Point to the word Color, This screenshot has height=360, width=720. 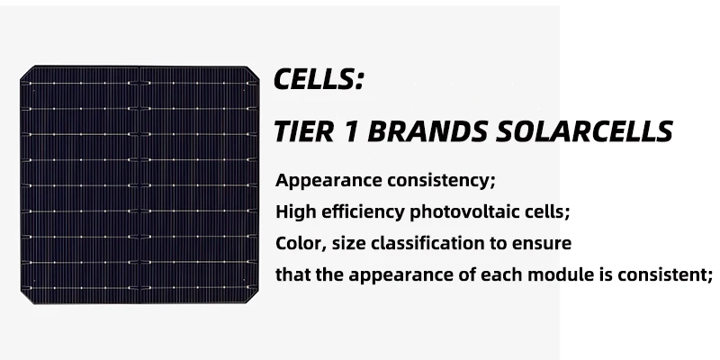pos(299,244)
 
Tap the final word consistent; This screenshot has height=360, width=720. pos(664,275)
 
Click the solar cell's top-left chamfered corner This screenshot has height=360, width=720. pos(26,70)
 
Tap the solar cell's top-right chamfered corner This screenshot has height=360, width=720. pos(257,70)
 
